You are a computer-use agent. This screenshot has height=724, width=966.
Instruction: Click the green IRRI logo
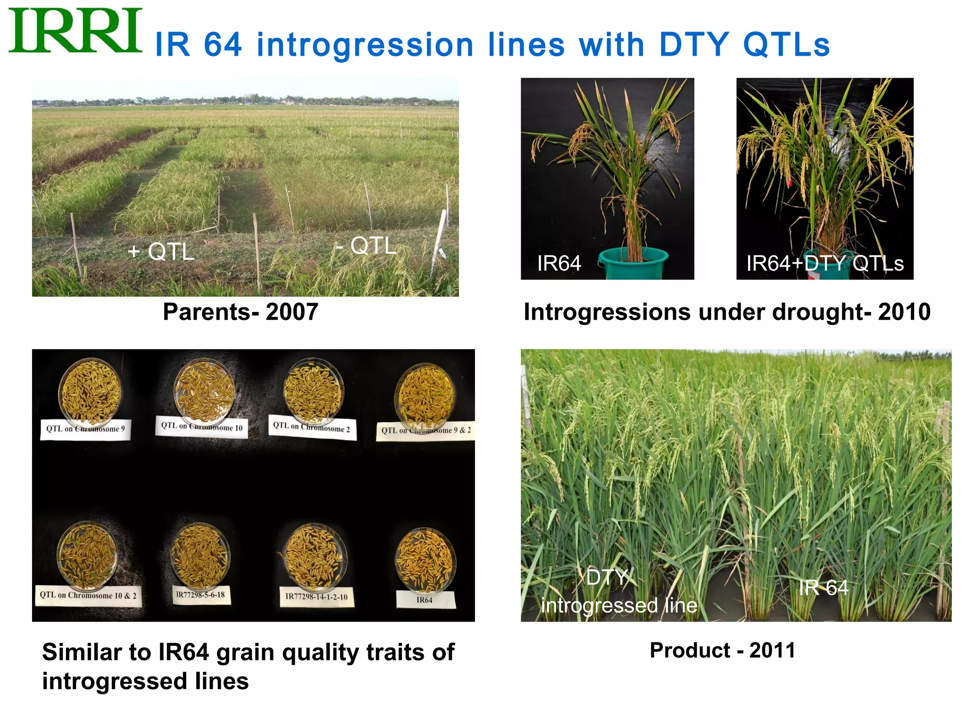pos(75,31)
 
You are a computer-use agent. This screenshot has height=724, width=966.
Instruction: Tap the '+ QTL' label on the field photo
pos(161,252)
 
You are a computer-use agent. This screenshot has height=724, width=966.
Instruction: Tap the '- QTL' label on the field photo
pos(366,246)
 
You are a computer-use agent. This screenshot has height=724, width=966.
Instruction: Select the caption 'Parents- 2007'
pos(241,312)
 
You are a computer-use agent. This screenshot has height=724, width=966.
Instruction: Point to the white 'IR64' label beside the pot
pos(559,263)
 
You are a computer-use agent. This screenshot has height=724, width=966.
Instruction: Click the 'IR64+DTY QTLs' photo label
pos(824,263)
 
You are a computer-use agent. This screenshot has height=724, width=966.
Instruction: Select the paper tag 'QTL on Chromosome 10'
pos(202,427)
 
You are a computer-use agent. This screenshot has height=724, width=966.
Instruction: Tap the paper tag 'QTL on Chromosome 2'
pos(312,428)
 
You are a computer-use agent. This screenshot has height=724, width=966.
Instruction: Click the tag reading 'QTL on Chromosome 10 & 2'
pos(88,596)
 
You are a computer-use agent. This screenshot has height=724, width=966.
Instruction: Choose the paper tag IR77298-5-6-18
pos(200,595)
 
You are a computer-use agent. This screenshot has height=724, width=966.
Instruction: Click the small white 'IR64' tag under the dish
pos(425,600)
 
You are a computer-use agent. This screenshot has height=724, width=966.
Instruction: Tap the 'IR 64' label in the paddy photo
pos(823,588)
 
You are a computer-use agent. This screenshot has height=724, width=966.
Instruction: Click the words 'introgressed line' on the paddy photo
pos(619,606)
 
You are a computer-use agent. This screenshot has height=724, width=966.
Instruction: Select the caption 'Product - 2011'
pos(722,650)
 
